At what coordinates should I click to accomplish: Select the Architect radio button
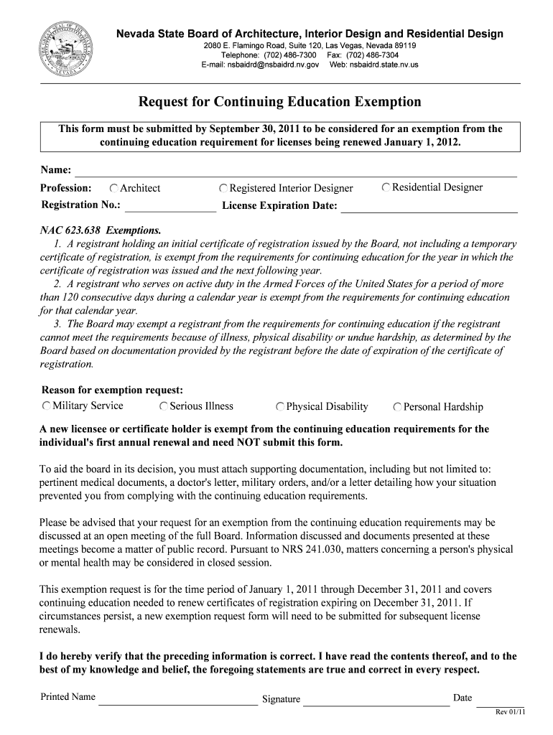coord(114,188)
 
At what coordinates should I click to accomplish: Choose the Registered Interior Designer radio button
coord(224,189)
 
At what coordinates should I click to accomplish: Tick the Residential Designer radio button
coord(386,187)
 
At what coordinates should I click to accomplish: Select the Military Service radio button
coord(47,406)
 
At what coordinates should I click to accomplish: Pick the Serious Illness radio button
coord(164,407)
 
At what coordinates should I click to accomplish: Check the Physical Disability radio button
coord(280,407)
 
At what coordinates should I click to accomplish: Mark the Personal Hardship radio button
coord(397,407)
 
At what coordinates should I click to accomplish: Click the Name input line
coord(295,171)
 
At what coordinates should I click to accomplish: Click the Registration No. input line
coord(170,207)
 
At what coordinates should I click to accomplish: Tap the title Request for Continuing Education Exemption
coord(279,102)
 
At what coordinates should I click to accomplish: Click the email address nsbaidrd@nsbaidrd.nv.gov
coord(260,65)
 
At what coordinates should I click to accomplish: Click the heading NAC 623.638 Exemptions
coord(100,231)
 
